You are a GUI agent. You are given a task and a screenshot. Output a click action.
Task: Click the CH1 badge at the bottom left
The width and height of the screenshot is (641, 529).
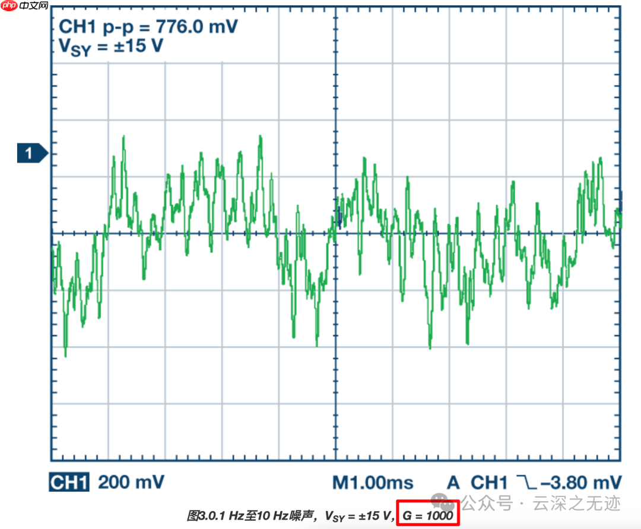coord(69,482)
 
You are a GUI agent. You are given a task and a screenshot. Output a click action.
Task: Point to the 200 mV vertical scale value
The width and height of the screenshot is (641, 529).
coord(131,482)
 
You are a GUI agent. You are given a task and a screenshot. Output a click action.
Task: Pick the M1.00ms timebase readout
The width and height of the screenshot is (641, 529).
coord(373,482)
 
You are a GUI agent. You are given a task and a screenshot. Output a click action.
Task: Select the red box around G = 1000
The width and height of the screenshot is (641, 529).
coord(428,515)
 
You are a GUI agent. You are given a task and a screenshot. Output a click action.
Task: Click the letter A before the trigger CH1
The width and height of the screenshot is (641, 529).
coord(453,482)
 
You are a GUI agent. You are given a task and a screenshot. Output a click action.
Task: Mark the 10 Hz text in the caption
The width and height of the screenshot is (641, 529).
coord(268,516)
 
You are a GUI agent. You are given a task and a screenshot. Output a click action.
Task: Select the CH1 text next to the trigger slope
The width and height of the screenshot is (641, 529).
coord(490,482)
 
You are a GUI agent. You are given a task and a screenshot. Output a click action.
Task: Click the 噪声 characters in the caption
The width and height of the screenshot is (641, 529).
coord(298,516)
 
